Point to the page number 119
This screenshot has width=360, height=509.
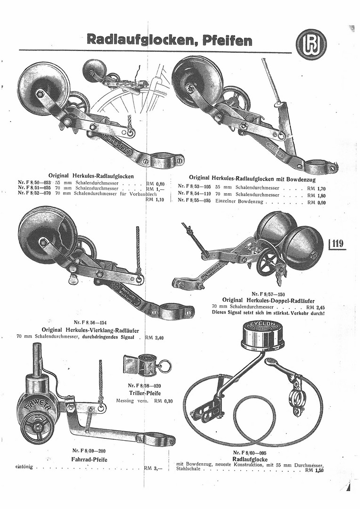[x=338, y=244]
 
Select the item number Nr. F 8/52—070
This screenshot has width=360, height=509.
[x=34, y=193]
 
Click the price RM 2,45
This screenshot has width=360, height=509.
[x=315, y=306]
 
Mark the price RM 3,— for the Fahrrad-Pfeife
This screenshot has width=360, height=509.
[x=154, y=468]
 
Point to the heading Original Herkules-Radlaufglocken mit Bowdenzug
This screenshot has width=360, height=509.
[x=252, y=179]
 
